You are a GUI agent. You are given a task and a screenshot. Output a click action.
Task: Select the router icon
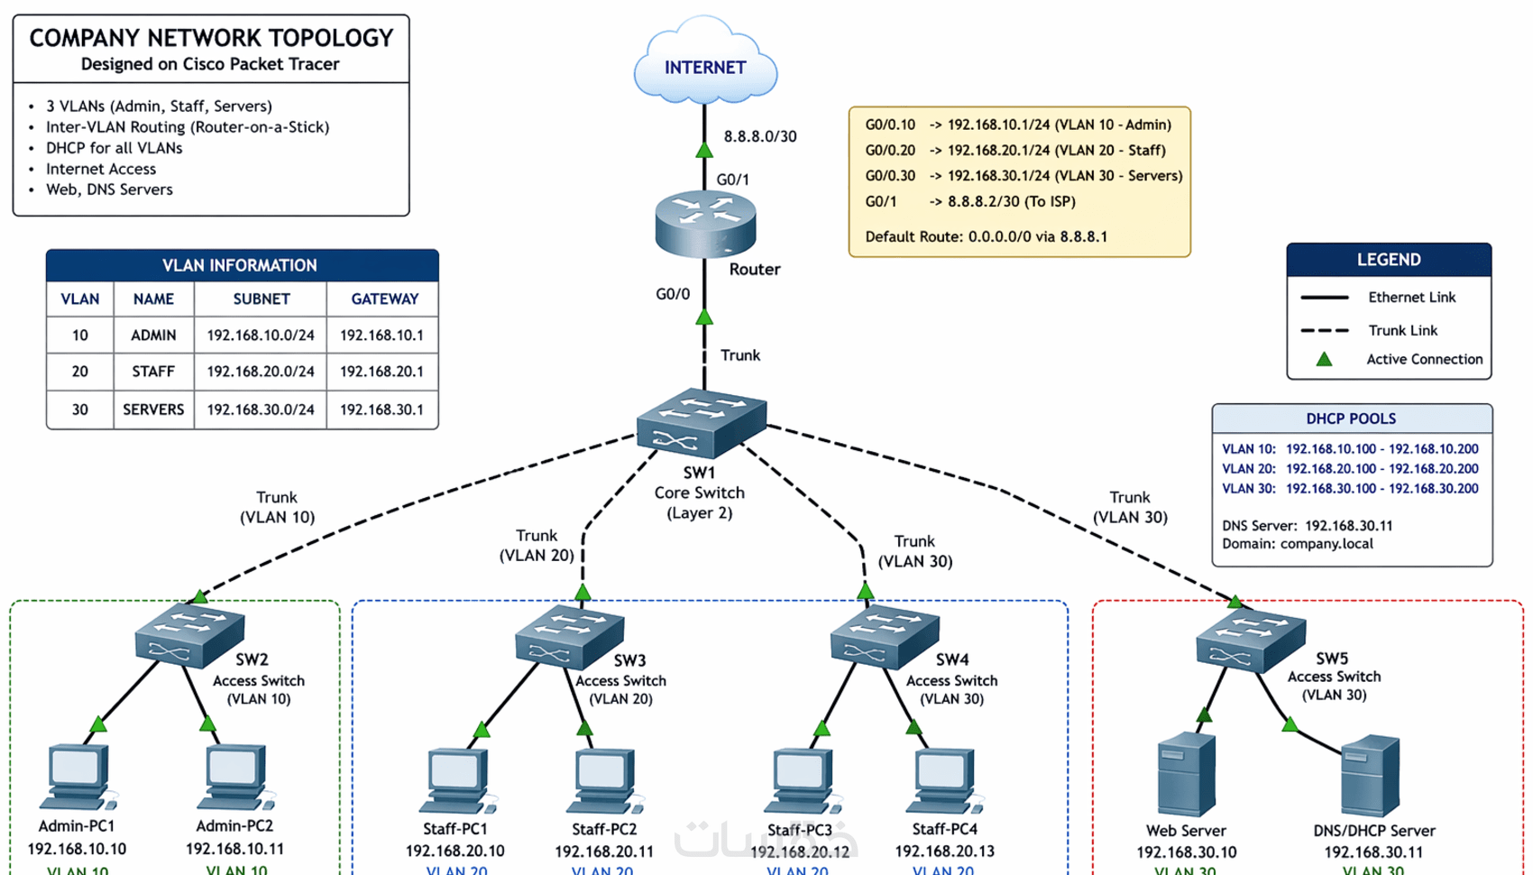click(x=705, y=223)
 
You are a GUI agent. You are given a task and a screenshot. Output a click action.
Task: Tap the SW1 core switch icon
click(x=702, y=424)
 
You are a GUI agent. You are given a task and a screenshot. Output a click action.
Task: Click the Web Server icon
click(x=1185, y=776)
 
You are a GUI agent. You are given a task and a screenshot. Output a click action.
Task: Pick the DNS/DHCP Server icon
click(x=1370, y=776)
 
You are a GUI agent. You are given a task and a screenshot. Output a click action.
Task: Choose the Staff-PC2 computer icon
click(x=603, y=781)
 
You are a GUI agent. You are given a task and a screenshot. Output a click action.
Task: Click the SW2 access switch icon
click(x=189, y=637)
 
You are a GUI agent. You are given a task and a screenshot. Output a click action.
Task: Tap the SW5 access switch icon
click(x=1251, y=640)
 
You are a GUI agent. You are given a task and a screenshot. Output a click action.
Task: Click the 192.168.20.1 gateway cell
click(x=381, y=372)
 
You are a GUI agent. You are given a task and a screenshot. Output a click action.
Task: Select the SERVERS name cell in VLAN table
click(x=153, y=410)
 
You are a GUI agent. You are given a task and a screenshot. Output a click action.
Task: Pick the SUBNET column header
click(x=261, y=299)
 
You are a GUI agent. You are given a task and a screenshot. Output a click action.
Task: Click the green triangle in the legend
click(x=1324, y=359)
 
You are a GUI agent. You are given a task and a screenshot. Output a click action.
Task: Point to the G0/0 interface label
click(x=673, y=294)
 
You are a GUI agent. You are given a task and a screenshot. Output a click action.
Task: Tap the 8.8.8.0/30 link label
click(x=760, y=136)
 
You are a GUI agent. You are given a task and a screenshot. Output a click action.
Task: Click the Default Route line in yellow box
click(x=986, y=236)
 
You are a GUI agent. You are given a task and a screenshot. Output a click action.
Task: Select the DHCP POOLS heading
click(x=1351, y=419)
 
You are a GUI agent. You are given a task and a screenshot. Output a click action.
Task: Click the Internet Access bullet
click(x=101, y=169)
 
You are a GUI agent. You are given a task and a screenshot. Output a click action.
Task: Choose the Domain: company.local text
click(x=1297, y=544)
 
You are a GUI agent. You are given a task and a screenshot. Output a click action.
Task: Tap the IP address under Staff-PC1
click(x=454, y=851)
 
